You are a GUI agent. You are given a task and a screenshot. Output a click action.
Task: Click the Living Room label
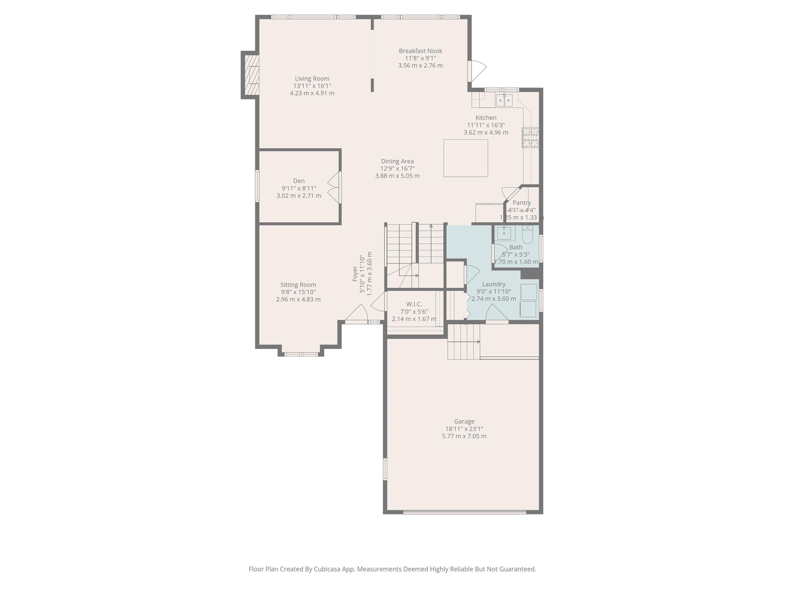312,79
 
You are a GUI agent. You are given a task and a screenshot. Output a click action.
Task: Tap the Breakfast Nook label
421,51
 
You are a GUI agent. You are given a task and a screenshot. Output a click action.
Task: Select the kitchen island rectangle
466,158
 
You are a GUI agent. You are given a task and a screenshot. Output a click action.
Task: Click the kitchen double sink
504,100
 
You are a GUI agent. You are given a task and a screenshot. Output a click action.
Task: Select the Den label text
299,181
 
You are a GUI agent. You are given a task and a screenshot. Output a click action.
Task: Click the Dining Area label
397,162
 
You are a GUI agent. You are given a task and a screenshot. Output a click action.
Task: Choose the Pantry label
522,203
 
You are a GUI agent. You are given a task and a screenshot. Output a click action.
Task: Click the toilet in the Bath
527,235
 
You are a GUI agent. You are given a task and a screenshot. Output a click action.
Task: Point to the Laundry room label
494,284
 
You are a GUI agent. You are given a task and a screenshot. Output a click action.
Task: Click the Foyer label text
355,274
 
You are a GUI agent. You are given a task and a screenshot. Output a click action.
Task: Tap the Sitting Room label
298,285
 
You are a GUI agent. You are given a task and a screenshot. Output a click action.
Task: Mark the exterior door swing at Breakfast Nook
477,71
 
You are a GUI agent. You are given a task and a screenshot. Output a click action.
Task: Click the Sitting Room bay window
301,354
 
